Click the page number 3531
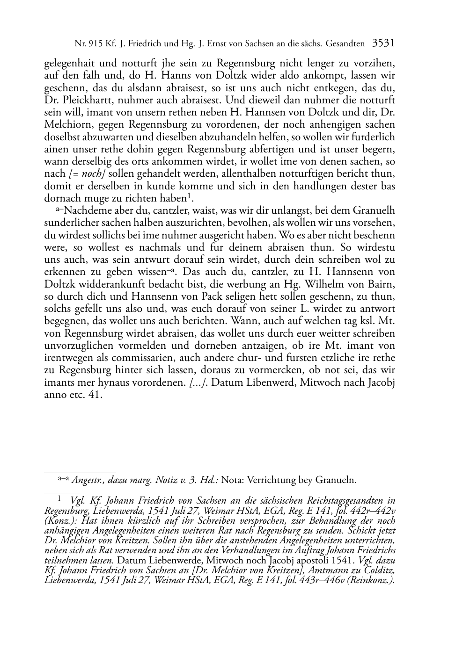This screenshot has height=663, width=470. point(383,44)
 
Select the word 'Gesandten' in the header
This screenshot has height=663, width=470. point(346,44)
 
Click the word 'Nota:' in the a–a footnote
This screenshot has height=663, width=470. point(232,480)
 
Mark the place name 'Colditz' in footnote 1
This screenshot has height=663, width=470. point(379,570)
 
